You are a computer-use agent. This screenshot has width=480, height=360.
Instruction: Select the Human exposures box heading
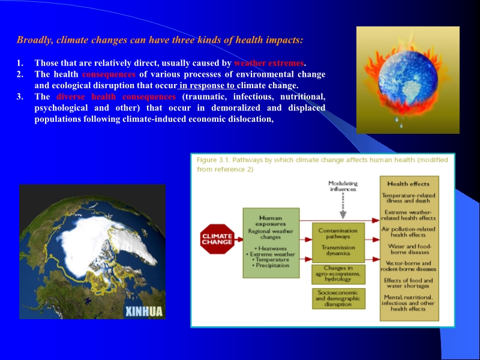pos(270,221)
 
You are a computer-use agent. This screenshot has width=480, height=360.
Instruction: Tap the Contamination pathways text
pos(337,233)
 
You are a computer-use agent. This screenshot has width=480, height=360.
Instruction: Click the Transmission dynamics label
pos(337,250)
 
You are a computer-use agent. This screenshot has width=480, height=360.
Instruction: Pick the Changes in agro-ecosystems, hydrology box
pos(338,274)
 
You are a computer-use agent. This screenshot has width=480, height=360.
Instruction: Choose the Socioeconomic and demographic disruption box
pos(338,298)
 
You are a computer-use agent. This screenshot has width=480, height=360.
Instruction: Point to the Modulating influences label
pos(343,186)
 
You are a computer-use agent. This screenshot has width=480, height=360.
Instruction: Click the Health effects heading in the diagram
pos(409,184)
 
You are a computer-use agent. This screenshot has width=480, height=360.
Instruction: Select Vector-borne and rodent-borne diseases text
pos(409,266)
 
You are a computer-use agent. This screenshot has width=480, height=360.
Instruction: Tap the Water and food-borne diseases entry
pos(409,249)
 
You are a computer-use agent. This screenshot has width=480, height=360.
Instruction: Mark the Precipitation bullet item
pos(271,265)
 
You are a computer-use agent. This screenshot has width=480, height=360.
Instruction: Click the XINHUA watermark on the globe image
pos(145,311)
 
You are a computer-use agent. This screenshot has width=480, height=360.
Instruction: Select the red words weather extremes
pos(269,63)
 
